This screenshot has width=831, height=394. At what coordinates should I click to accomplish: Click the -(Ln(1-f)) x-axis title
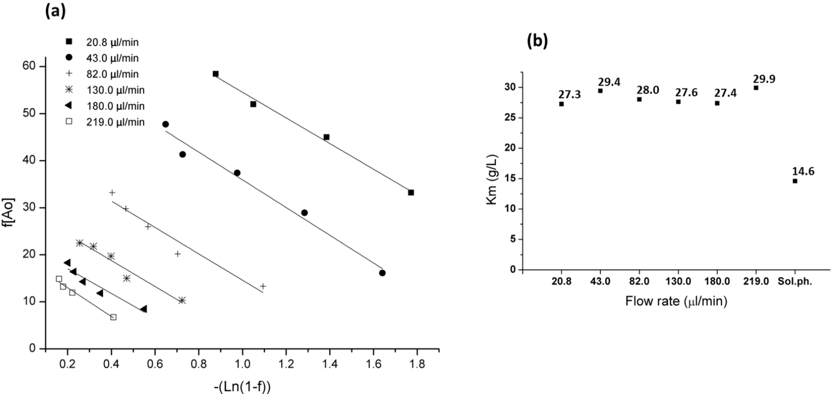(242, 387)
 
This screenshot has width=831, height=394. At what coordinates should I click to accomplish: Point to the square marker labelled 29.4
(600, 91)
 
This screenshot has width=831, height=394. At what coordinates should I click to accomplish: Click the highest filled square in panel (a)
(215, 74)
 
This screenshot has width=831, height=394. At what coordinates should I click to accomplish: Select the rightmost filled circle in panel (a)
(382, 273)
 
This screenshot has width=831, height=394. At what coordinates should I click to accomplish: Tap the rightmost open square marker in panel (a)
(113, 317)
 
